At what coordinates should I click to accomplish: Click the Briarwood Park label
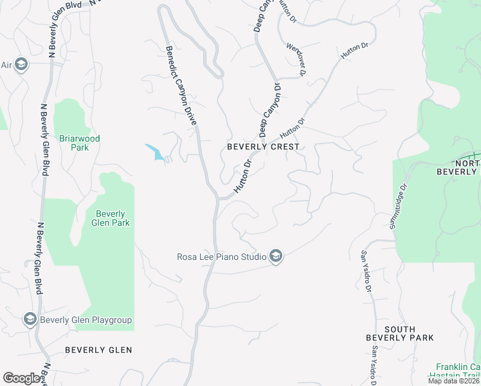tap(80, 143)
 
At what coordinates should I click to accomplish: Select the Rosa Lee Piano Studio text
tap(222, 257)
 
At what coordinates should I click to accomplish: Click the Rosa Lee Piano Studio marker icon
tap(276, 257)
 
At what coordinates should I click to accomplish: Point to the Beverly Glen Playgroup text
tap(86, 320)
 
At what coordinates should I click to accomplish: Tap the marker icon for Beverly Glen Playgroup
tap(30, 319)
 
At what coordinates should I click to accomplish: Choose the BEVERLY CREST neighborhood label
tap(263, 147)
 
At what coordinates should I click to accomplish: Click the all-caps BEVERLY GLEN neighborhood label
tap(98, 350)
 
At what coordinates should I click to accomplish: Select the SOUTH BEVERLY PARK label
tap(399, 333)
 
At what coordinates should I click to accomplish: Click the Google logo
tap(23, 378)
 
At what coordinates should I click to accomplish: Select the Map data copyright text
tap(454, 381)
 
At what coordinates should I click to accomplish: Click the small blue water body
tap(155, 152)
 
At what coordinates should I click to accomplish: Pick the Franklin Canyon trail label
tap(458, 371)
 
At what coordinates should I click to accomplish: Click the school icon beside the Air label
tap(21, 64)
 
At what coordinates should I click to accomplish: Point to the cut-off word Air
tap(6, 65)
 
